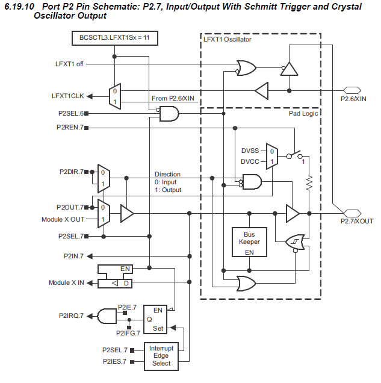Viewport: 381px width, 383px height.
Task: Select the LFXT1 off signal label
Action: (x=70, y=63)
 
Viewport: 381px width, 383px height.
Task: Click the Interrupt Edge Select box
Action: (x=161, y=356)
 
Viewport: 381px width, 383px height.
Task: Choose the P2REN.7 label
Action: (x=70, y=127)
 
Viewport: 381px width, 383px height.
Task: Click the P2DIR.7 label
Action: (x=70, y=172)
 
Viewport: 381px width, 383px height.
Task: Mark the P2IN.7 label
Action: (x=73, y=256)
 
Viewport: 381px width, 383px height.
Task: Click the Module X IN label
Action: (x=66, y=282)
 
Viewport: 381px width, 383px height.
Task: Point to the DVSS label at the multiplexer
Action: (x=250, y=151)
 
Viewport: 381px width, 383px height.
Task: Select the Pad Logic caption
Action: (x=302, y=113)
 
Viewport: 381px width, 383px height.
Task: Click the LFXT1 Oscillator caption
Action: (x=228, y=39)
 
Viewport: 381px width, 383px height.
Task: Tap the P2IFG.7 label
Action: (x=128, y=333)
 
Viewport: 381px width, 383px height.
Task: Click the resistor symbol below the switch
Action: (x=308, y=181)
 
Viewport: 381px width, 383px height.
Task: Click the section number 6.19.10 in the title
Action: (x=21, y=7)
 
